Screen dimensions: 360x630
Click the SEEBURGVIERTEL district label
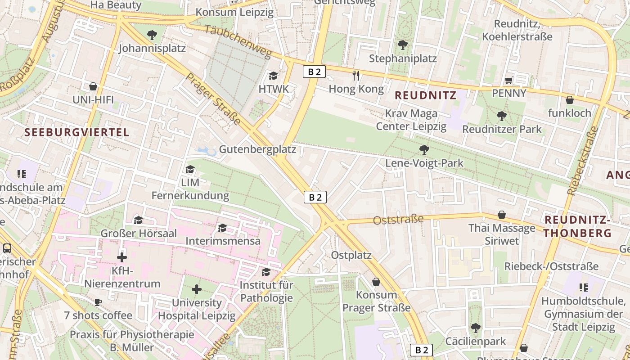pyautogui.click(x=76, y=132)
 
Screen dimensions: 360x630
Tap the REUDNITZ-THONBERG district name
pyautogui.click(x=578, y=226)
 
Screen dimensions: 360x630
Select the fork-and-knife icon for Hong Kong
pyautogui.click(x=356, y=76)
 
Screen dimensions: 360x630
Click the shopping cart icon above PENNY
pyautogui.click(x=509, y=81)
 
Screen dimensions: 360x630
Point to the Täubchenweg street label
pyautogui.click(x=238, y=42)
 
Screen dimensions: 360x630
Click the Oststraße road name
pyautogui.click(x=398, y=220)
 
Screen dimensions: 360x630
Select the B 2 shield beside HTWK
pyautogui.click(x=314, y=72)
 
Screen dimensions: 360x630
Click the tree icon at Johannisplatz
pyautogui.click(x=152, y=35)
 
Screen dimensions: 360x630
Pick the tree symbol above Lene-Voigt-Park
pyautogui.click(x=424, y=149)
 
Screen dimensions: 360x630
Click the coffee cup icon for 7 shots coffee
pyautogui.click(x=98, y=302)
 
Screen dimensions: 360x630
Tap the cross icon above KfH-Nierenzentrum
pyautogui.click(x=122, y=257)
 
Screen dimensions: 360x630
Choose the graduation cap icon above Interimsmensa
pyautogui.click(x=223, y=228)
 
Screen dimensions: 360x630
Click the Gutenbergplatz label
pyautogui.click(x=257, y=149)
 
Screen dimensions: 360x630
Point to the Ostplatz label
pyautogui.click(x=351, y=255)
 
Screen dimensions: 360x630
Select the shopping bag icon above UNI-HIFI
pyautogui.click(x=93, y=86)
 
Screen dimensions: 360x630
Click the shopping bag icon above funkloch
pyautogui.click(x=569, y=100)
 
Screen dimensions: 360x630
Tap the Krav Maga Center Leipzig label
pyautogui.click(x=411, y=120)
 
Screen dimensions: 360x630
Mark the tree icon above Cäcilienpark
pyautogui.click(x=475, y=328)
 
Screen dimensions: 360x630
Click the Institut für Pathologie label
pyautogui.click(x=266, y=291)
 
